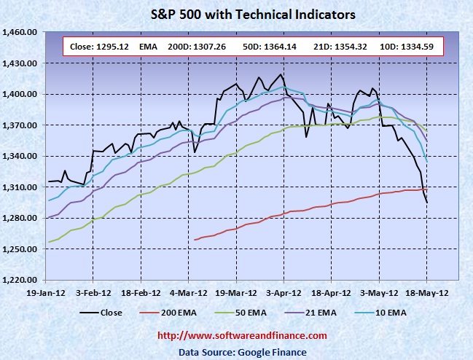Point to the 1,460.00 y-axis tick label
(22, 33)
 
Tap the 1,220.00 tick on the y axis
(22, 280)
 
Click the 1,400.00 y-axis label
(22, 95)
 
